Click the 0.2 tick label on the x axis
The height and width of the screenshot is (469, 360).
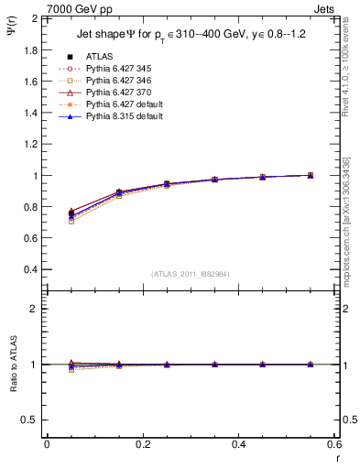(x=143, y=444)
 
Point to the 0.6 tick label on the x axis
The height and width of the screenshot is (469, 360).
(x=334, y=444)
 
